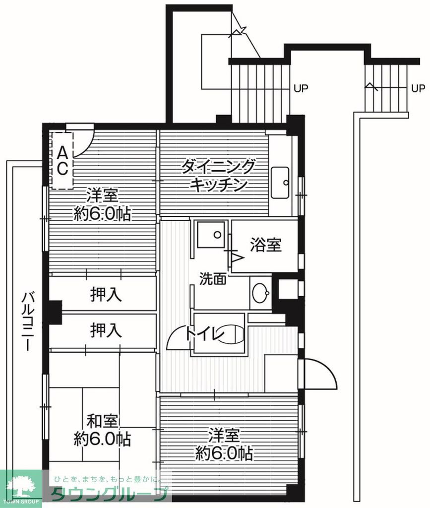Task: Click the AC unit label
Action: (62, 160)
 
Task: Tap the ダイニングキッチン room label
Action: (219, 175)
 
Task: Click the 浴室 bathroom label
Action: (266, 245)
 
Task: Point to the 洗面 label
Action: (213, 279)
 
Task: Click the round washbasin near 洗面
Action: (260, 294)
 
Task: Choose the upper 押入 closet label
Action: (106, 295)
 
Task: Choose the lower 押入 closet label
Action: (106, 330)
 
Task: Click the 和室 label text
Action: (103, 422)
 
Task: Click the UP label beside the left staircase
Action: (301, 89)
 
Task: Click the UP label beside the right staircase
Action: (418, 89)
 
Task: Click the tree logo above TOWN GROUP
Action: (20, 483)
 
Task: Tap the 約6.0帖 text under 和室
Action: (103, 439)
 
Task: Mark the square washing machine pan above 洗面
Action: (210, 235)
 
